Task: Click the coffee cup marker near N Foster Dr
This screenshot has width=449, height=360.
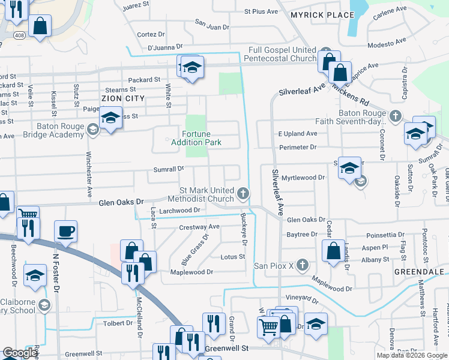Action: coord(65,230)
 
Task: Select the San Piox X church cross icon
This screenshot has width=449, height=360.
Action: coord(303,265)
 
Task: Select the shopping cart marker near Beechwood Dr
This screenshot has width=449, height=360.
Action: coord(28,215)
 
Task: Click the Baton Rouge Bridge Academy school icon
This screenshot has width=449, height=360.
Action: coord(92,129)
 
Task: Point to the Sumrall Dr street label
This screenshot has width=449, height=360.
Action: coord(169,169)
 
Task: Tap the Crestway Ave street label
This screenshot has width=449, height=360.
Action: coord(199,227)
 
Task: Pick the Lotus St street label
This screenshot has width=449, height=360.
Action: coord(233,257)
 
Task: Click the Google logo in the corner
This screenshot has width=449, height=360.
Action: coord(19,353)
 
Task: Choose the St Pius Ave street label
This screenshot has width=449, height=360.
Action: coord(261,11)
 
